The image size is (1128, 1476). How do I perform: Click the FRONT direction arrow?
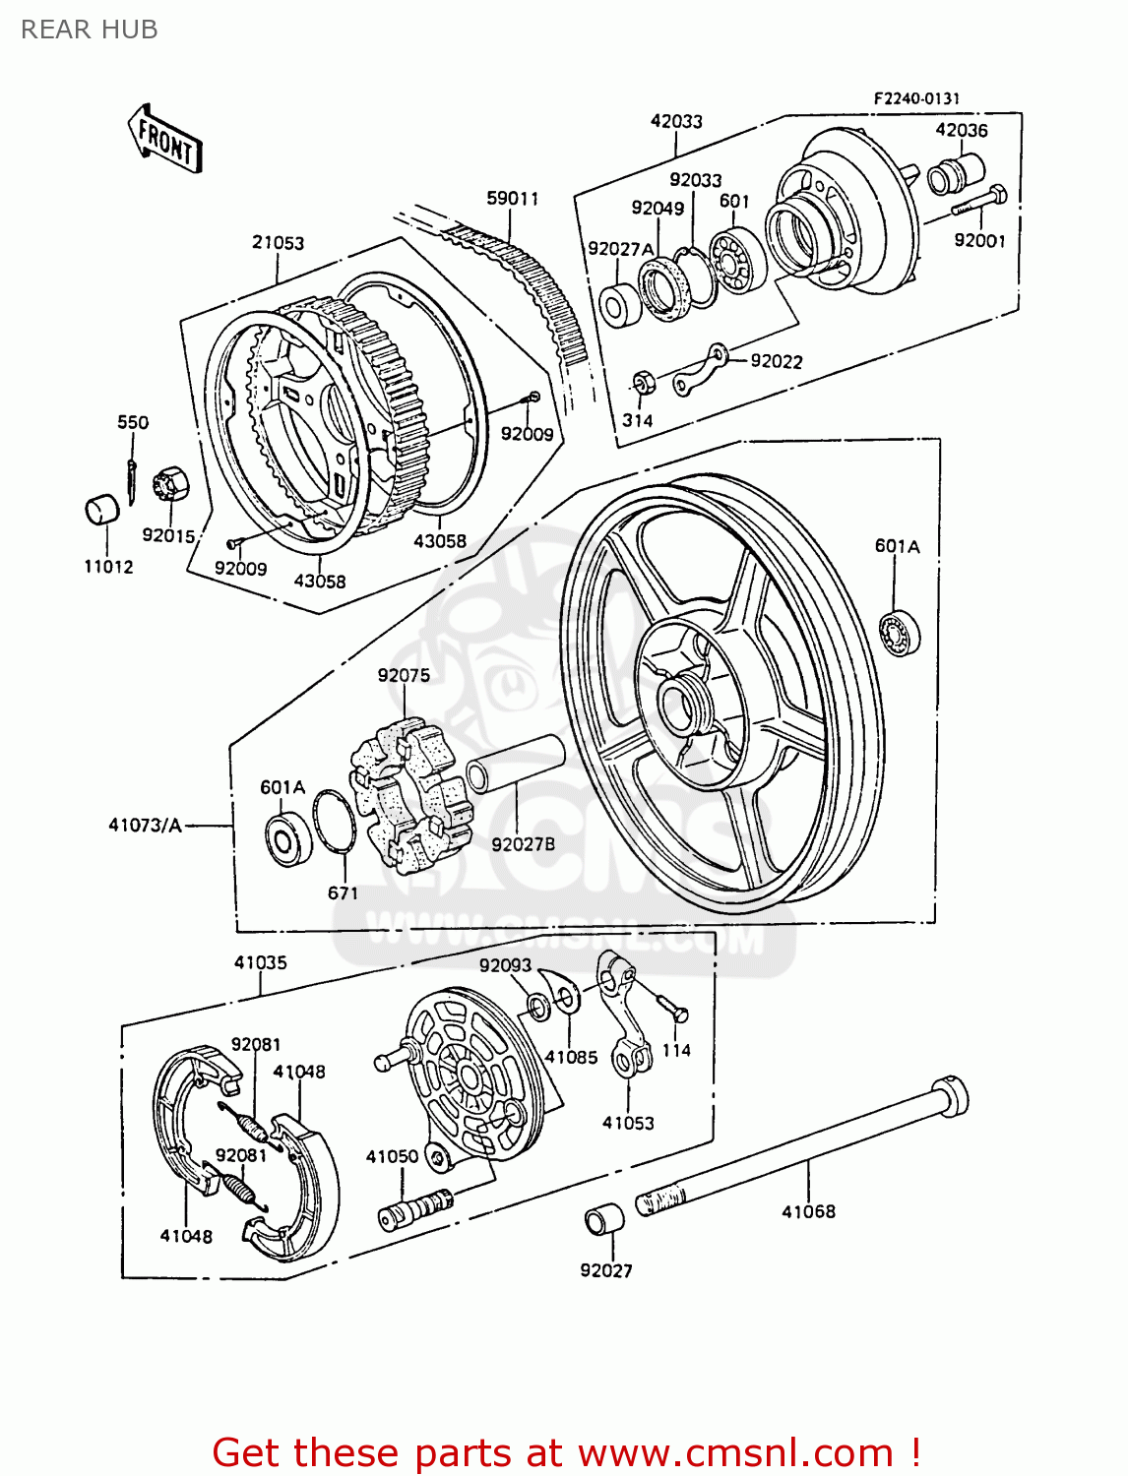164,139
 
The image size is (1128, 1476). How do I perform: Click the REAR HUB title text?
89,30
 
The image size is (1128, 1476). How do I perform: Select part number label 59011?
512,199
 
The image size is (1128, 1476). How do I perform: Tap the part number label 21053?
278,242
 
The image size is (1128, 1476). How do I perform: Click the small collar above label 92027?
604,1220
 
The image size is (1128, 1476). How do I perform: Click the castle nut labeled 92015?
169,485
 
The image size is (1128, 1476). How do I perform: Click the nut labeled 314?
642,382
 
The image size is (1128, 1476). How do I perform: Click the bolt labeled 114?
672,1007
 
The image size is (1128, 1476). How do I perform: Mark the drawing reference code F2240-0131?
915,98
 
